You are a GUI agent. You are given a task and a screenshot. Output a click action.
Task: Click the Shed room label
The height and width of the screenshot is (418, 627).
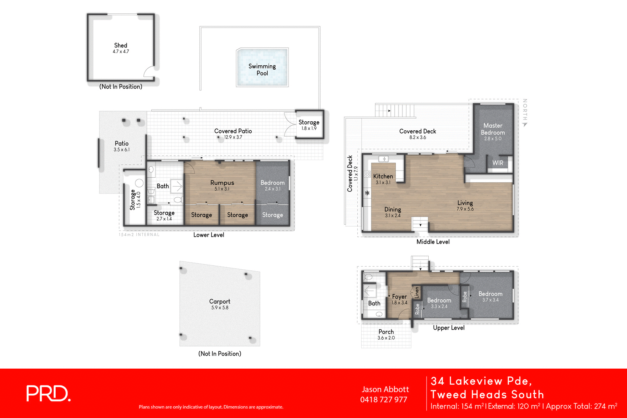point(121,45)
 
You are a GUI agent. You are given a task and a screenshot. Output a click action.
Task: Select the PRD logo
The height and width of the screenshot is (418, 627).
point(48,394)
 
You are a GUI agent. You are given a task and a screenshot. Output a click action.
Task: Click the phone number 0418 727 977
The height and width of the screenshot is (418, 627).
point(384,400)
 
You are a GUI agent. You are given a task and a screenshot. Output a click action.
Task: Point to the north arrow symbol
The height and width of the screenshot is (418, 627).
point(525,124)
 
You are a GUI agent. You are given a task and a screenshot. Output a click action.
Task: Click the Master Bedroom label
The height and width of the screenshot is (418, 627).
point(493,129)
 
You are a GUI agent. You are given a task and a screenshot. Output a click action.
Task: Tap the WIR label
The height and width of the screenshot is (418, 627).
point(498,163)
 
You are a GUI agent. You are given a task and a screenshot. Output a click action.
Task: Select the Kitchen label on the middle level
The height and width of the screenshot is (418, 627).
point(383,177)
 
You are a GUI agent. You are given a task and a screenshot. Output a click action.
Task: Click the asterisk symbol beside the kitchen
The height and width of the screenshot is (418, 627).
point(367,193)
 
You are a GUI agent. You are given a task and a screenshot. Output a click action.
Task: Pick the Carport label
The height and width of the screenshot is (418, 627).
point(219,301)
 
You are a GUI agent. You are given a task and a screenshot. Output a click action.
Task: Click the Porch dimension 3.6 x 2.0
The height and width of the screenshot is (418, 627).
point(386,338)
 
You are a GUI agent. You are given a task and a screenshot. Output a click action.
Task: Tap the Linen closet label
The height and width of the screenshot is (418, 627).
point(417,292)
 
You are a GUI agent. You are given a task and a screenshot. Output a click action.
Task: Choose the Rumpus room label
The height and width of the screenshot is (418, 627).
point(222,183)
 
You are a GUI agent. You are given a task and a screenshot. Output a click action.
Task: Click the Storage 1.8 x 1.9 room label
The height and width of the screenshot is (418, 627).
point(309,123)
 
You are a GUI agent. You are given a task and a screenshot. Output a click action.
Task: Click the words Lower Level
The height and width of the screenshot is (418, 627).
point(208,235)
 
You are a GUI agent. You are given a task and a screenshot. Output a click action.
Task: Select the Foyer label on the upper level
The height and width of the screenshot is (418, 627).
point(399,297)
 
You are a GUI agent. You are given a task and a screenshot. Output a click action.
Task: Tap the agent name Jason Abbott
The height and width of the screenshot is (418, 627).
point(385,389)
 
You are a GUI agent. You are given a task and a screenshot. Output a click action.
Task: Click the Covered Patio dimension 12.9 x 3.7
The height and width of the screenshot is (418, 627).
point(233,137)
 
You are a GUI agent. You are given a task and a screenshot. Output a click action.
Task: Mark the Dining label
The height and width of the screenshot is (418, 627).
point(392,209)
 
